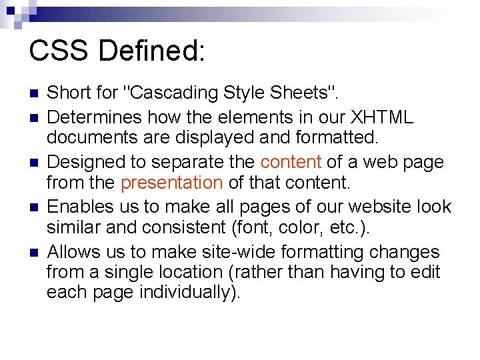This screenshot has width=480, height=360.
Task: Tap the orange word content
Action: pos(291,162)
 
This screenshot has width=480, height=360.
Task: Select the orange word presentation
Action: pos(172,182)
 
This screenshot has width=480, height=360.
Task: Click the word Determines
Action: pos(95,118)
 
